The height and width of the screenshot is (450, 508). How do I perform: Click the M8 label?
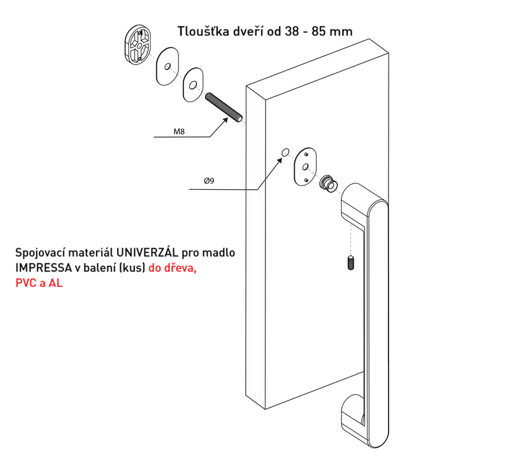pos(179,131)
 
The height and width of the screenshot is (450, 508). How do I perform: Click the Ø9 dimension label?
pos(209,181)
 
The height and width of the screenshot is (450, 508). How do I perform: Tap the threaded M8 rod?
pos(224,107)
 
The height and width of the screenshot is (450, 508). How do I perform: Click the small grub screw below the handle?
pos(351,263)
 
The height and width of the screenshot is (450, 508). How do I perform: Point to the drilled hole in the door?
pos(285,152)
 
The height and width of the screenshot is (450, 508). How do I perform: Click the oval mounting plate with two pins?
pos(305,167)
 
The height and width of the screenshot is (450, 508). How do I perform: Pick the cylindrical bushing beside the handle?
pos(329,184)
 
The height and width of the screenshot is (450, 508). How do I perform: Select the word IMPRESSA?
pos(44,268)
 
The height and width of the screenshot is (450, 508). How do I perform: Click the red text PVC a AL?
pos(39,283)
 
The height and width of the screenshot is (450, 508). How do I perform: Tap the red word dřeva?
pos(182,268)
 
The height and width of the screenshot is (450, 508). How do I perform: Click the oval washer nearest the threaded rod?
pos(193,85)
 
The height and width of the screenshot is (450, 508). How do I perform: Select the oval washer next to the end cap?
pos(167,67)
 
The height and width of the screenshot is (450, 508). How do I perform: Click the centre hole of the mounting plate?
pos(305,167)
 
